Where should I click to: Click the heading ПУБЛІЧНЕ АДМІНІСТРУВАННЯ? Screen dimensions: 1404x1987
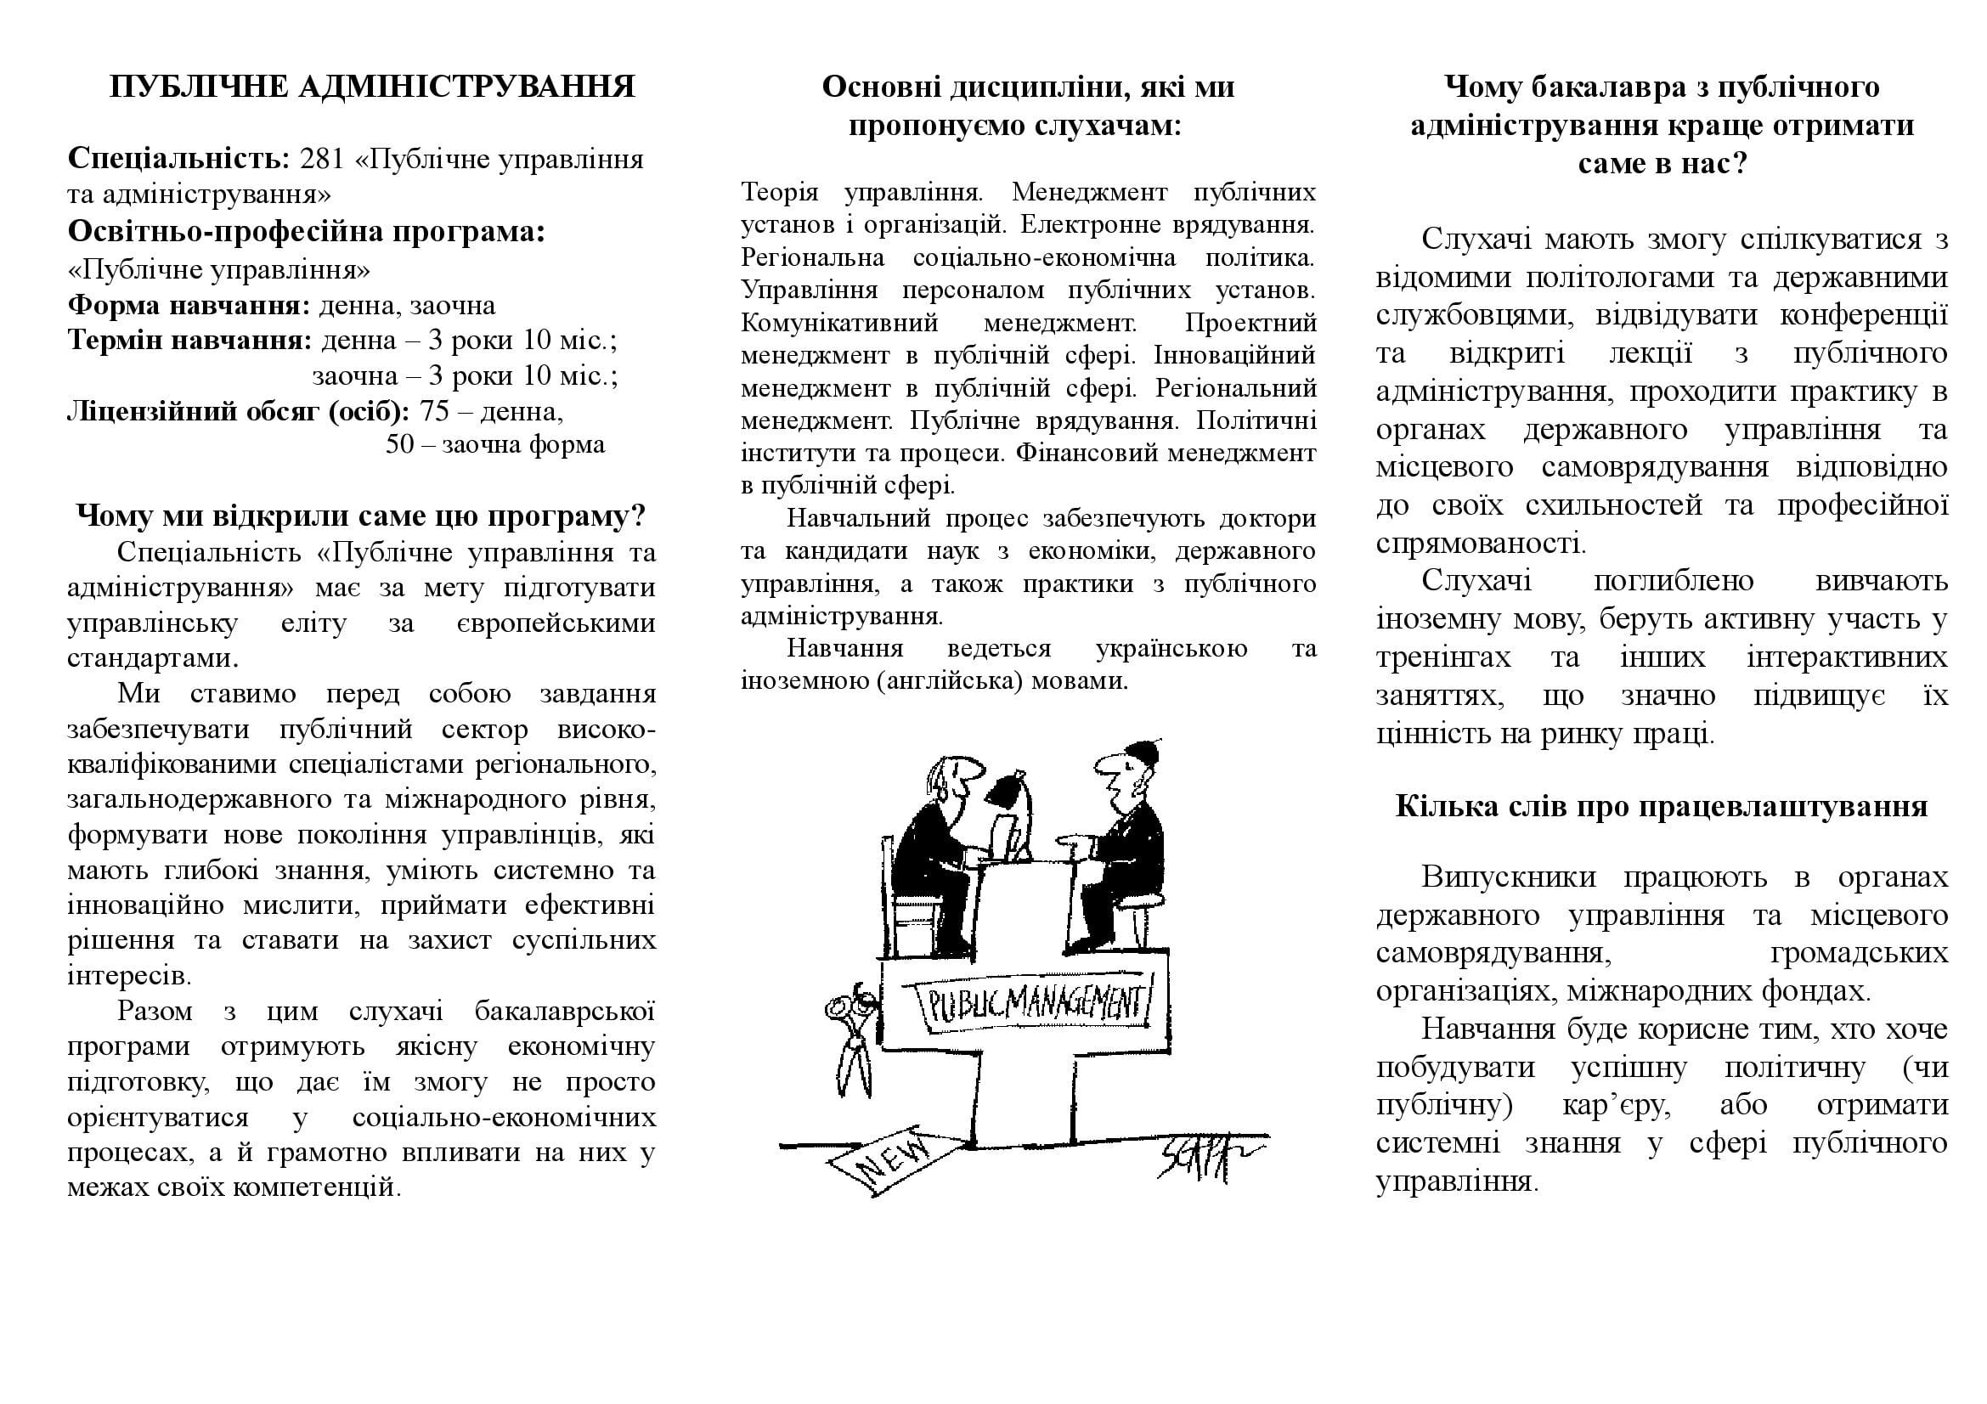tap(372, 87)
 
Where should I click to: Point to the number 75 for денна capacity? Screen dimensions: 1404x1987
tap(434, 411)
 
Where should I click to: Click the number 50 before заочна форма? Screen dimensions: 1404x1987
tap(401, 445)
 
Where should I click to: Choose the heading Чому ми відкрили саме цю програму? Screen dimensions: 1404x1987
tap(361, 516)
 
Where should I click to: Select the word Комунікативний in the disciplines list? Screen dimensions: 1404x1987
tap(839, 323)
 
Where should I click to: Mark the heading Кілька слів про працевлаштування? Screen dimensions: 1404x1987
tap(1661, 806)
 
